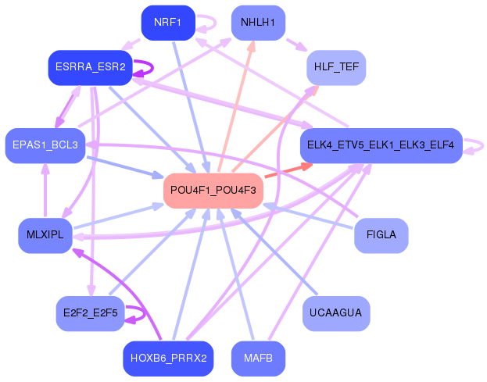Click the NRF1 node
pos(168,23)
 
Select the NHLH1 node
pos(258,23)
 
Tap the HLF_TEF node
pos(336,68)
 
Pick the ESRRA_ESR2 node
pos(91,68)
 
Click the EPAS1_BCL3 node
pos(45,145)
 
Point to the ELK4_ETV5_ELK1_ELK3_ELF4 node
pos(381,145)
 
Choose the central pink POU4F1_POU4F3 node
pos(213,191)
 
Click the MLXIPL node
pos(45,236)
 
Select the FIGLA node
pos(381,236)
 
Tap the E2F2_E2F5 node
pos(91,313)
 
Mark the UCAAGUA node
pos(336,313)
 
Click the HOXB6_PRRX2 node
pos(168,359)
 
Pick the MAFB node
pos(258,359)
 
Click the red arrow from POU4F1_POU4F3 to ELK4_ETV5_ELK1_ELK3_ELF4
pos(288,170)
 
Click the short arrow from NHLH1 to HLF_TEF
pos(296,45)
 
